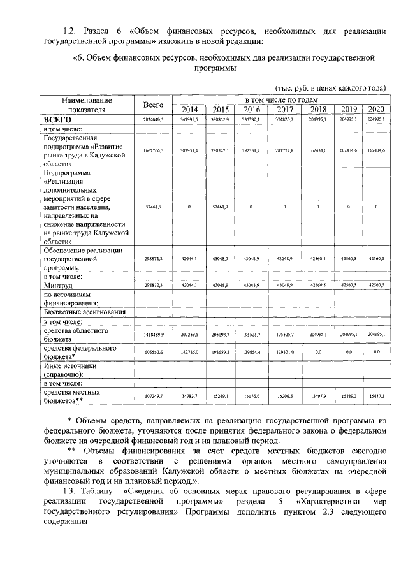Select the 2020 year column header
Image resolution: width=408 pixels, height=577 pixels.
tap(376, 110)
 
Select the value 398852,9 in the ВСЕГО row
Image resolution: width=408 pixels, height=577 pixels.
tap(220, 119)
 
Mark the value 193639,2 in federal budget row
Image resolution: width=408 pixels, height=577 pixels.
tap(220, 352)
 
